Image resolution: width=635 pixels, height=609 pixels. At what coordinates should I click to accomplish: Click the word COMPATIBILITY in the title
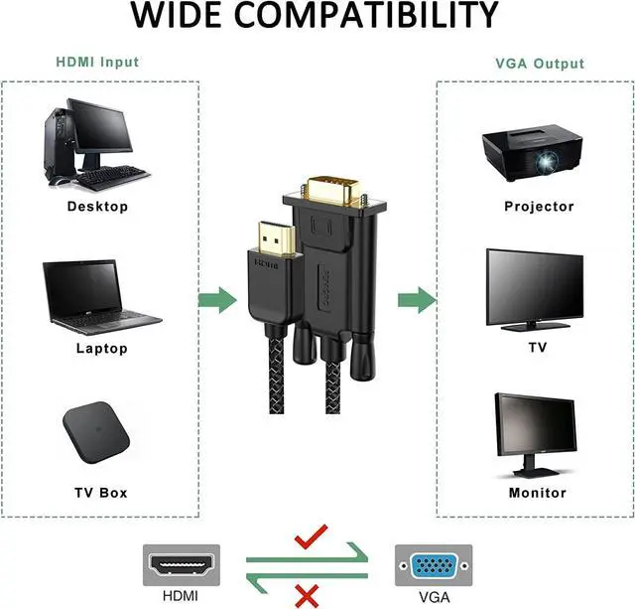click(366, 15)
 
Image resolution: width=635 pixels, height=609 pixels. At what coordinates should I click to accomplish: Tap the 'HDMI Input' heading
click(97, 62)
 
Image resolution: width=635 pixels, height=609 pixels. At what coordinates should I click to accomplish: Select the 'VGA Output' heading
click(540, 64)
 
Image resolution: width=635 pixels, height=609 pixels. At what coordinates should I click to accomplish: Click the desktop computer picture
click(96, 144)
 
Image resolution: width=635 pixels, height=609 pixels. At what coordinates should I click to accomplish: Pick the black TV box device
click(96, 432)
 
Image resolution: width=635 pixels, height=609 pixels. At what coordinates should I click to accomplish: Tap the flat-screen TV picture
click(535, 290)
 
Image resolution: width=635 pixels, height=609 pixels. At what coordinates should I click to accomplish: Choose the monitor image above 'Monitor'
click(536, 435)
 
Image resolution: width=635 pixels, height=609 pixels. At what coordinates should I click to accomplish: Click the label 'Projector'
click(539, 207)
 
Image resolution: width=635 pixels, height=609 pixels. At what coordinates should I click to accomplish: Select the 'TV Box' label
click(101, 493)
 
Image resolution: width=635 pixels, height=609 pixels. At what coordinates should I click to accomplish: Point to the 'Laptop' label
click(101, 349)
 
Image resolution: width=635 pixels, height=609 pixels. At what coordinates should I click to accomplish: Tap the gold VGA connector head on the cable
click(333, 191)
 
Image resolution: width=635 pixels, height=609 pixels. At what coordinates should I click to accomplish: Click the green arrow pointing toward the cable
click(217, 300)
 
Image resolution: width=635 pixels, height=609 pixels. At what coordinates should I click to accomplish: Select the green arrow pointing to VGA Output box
click(417, 300)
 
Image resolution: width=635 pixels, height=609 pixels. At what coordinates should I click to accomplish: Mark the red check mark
click(311, 536)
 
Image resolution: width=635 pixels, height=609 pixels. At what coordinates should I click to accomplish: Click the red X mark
click(307, 596)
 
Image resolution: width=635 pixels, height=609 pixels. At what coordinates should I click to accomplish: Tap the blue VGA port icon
click(434, 565)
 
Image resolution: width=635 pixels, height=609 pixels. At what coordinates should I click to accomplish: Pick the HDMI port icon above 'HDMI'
click(181, 565)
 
